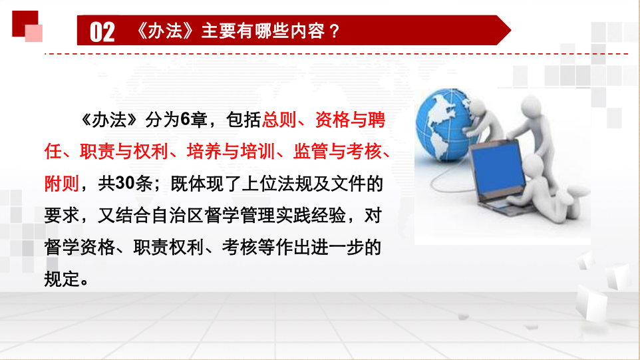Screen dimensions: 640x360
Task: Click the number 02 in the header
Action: [x=102, y=32]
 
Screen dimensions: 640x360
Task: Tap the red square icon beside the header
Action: [x=27, y=26]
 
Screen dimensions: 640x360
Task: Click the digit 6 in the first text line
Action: [x=185, y=120]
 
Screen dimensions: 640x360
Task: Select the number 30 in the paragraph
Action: [x=125, y=183]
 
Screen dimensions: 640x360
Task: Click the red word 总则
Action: [x=279, y=120]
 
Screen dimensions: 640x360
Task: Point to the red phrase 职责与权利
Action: [x=124, y=152]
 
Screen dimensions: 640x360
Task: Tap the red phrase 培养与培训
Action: [x=231, y=152]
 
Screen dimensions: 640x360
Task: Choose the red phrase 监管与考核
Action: [x=337, y=152]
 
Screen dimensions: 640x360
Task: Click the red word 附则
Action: [x=62, y=183]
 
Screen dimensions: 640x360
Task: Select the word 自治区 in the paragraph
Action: [x=177, y=215]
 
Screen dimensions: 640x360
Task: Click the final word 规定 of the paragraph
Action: [x=62, y=279]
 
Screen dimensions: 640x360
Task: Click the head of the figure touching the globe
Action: [x=478, y=106]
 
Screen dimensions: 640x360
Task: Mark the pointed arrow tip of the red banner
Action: [x=511, y=30]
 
